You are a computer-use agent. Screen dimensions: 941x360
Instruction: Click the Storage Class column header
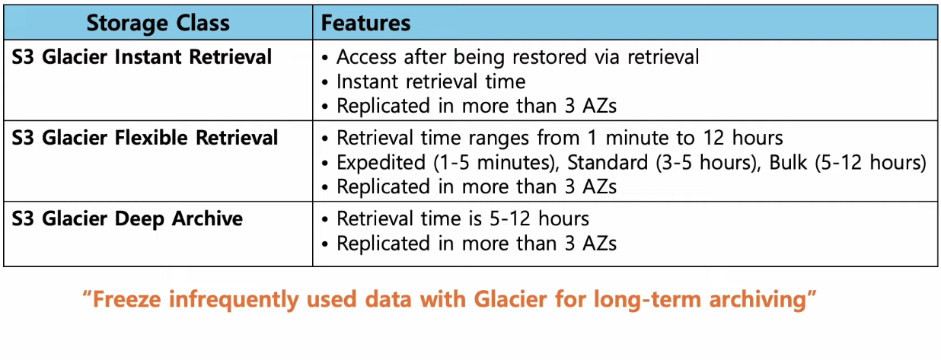[x=158, y=23]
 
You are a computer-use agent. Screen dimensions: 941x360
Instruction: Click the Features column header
[x=365, y=23]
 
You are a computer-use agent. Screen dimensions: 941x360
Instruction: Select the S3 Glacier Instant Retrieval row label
[x=142, y=57]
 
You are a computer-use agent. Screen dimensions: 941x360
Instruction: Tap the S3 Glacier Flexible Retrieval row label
[x=145, y=138]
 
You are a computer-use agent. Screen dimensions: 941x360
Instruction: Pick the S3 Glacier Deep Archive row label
[x=127, y=219]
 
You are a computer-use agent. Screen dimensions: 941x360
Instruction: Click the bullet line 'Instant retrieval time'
[x=431, y=81]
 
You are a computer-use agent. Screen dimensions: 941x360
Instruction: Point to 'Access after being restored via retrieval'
[x=518, y=57]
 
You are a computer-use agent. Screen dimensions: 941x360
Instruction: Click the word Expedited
[x=381, y=163]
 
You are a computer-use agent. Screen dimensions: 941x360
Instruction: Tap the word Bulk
[x=788, y=162]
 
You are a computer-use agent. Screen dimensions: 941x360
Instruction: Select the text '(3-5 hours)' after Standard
[x=708, y=163]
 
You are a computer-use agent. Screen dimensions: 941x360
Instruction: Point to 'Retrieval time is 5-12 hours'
[x=463, y=219]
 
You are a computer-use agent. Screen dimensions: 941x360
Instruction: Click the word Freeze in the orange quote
[x=126, y=300]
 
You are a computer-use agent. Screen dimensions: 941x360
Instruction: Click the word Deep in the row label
[x=139, y=219]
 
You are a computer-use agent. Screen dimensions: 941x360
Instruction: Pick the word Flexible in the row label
[x=151, y=138]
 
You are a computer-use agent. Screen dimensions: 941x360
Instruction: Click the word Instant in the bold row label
[x=148, y=57]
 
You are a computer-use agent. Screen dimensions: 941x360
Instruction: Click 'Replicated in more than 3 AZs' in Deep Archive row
[x=477, y=244]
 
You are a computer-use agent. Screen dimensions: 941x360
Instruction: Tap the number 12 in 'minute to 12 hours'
[x=713, y=139]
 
